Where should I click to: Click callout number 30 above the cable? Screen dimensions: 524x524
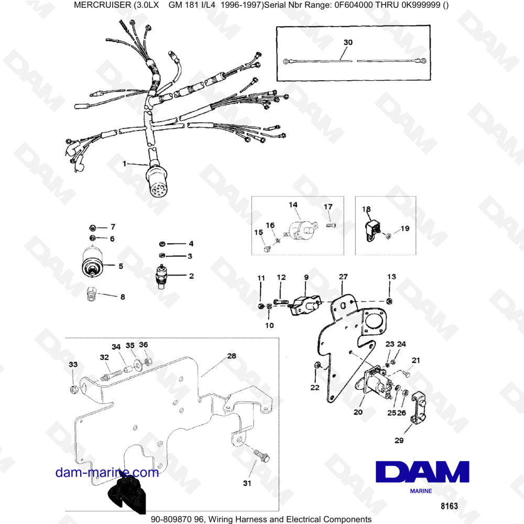pos(348,42)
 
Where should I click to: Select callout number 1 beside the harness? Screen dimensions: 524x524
pos(125,164)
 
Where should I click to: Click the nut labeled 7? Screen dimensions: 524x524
pos(92,227)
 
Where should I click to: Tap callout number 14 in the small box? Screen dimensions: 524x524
pos(293,204)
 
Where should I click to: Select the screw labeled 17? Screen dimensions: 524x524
pos(330,225)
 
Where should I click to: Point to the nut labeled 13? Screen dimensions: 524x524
pos(389,301)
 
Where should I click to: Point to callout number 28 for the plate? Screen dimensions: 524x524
pos(231,356)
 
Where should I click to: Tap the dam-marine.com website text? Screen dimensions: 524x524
pos(107,473)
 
